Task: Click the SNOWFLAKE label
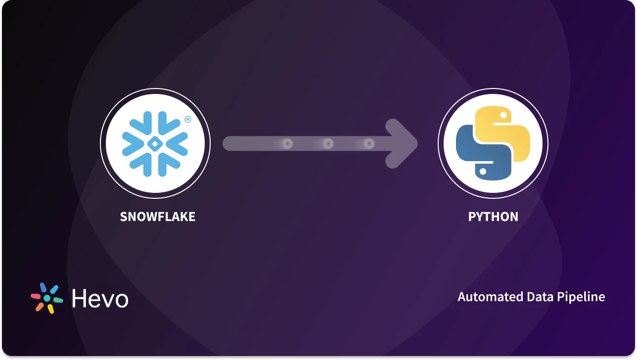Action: click(x=157, y=217)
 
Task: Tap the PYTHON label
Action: click(x=493, y=217)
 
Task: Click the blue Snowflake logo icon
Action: click(x=155, y=144)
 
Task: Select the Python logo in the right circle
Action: click(x=493, y=144)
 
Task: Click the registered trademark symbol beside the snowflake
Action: click(x=187, y=119)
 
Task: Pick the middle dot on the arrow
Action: click(x=328, y=144)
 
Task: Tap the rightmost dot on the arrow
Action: click(x=368, y=144)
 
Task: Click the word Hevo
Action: click(x=100, y=299)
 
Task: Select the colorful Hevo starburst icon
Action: click(x=47, y=298)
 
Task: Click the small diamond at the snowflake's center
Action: click(x=155, y=144)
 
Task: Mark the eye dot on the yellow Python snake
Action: click(x=503, y=115)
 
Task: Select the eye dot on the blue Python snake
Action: click(x=482, y=172)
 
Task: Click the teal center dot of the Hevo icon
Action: click(x=47, y=299)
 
